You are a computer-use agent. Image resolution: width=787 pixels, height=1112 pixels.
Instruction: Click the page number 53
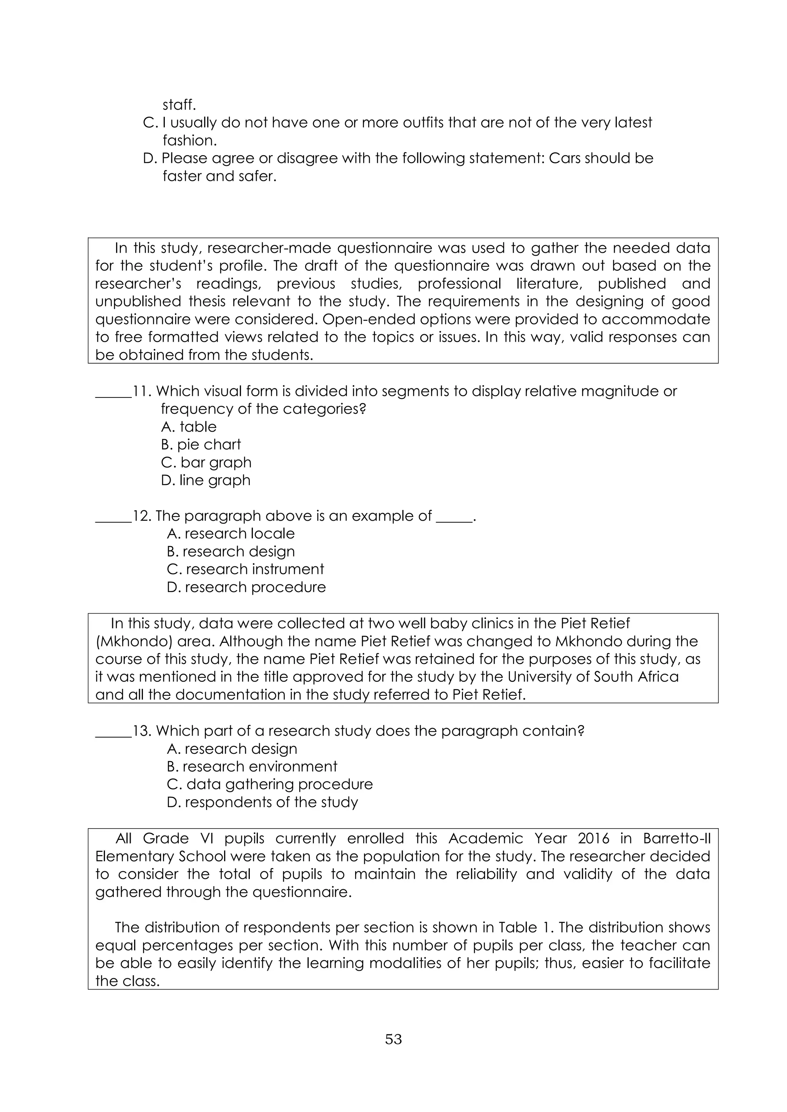point(393,1039)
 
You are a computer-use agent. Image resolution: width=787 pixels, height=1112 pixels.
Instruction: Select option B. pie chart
point(201,444)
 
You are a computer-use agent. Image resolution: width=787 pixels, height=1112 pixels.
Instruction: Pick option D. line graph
point(206,480)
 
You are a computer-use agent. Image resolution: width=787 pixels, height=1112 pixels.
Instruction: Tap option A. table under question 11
point(189,427)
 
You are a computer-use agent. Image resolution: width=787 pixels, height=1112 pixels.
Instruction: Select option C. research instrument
point(245,569)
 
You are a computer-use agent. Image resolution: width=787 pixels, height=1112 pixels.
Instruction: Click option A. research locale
point(231,533)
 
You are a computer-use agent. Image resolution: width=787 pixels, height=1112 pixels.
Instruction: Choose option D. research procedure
point(246,587)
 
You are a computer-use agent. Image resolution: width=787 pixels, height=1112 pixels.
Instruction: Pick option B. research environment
point(252,766)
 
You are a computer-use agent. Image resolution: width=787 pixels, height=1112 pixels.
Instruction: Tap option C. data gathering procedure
point(270,784)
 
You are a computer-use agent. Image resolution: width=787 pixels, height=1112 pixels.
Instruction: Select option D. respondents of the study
point(262,802)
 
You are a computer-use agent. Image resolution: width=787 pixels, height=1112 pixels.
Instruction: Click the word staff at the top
point(179,104)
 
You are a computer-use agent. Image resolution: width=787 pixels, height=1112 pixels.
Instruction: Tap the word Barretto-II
point(676,838)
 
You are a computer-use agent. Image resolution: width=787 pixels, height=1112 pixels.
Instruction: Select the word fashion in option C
point(189,141)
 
